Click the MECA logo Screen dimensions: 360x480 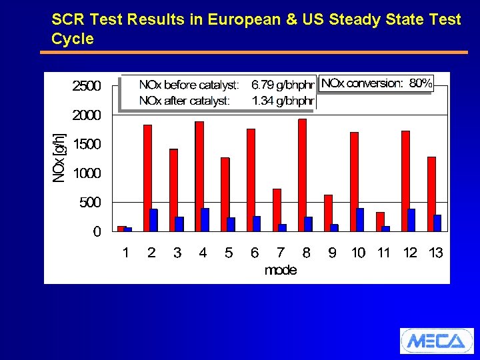coord(436,341)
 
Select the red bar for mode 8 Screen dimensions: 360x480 coord(302,175)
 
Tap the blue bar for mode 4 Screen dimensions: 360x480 coord(205,219)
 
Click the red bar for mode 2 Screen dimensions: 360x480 coord(147,177)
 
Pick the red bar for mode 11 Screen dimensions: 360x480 coord(380,221)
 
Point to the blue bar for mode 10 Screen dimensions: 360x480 coord(360,219)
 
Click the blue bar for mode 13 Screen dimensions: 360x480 coord(437,223)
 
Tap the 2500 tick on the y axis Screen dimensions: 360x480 coord(86,86)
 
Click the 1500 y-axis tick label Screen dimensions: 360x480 coord(86,144)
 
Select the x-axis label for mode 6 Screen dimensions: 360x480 coord(255,253)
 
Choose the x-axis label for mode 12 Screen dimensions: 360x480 coord(410,253)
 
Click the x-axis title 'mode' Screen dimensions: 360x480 coord(281,270)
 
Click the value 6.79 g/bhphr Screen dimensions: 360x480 coord(282,85)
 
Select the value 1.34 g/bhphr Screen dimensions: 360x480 coord(282,101)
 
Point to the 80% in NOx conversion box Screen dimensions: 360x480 coord(421,83)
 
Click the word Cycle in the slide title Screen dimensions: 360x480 coord(73,39)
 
